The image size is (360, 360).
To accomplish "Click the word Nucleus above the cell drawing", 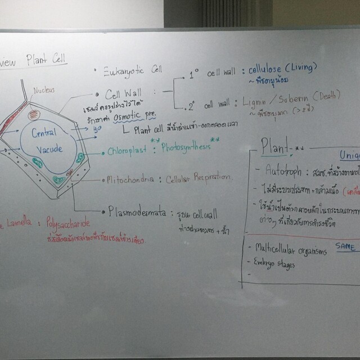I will click(43, 89).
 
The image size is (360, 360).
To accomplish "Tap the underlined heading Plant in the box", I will click(274, 148).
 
